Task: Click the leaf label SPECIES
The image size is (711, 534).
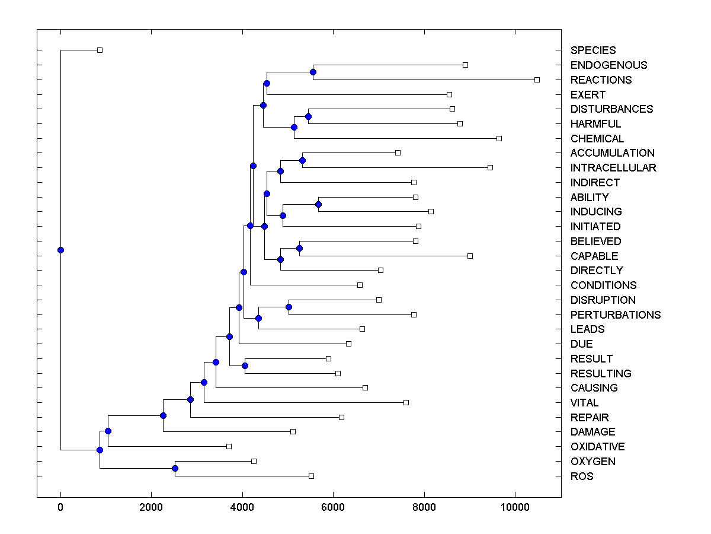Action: [x=593, y=50]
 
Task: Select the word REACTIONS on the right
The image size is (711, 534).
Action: [x=601, y=80]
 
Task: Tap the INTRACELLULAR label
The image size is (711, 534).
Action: [x=613, y=168]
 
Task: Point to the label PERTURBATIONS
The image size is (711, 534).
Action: [x=616, y=314]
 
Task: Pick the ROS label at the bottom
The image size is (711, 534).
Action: [x=582, y=476]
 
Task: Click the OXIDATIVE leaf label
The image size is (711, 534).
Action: [x=597, y=447]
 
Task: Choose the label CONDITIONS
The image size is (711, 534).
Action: [x=603, y=285]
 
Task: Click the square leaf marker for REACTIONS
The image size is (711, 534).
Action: [x=537, y=80]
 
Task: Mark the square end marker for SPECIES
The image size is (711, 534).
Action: [x=100, y=50]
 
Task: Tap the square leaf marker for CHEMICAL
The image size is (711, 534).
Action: [x=499, y=138]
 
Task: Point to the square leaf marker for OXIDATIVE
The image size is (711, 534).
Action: [x=229, y=446]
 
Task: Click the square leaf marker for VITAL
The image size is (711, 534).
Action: [x=406, y=402]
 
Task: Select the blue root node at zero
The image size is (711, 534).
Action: [x=60, y=250]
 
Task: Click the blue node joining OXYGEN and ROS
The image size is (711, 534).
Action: [x=175, y=469]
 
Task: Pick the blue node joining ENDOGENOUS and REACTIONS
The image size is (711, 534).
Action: [x=313, y=72]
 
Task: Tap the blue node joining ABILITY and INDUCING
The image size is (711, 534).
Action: [x=318, y=204]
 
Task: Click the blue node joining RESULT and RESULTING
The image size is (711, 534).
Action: [x=245, y=365]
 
